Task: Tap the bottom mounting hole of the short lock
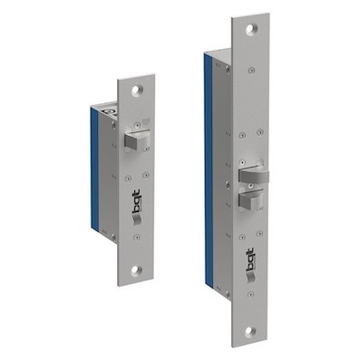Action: pyautogui.click(x=136, y=269)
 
